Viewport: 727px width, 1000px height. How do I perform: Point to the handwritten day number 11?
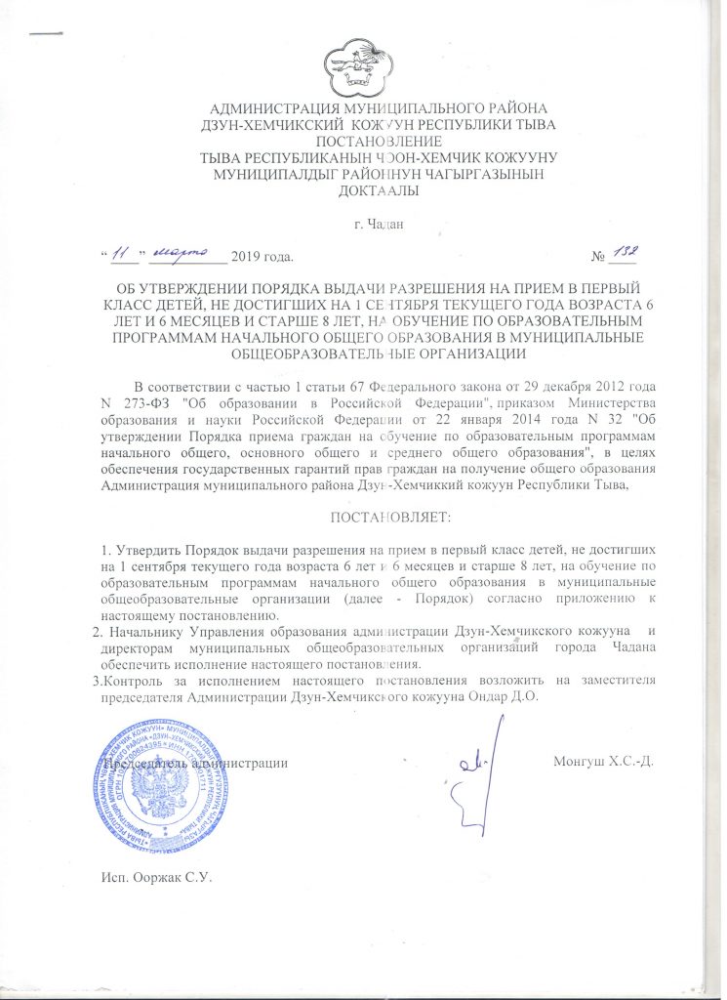pyautogui.click(x=122, y=255)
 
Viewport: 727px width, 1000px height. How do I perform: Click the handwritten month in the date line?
pyautogui.click(x=184, y=255)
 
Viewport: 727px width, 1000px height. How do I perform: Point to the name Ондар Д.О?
pyautogui.click(x=507, y=699)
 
